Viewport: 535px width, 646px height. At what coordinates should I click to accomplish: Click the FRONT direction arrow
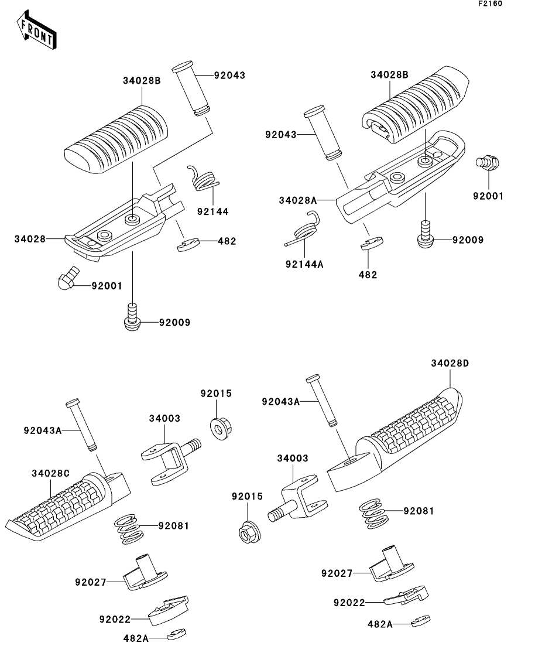tap(36, 32)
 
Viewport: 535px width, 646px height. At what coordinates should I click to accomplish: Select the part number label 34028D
tap(450, 363)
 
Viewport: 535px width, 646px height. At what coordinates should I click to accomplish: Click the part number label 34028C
tap(51, 473)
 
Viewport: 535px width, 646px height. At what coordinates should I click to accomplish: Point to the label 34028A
tap(297, 200)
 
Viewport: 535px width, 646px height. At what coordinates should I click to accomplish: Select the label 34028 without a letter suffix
tap(30, 239)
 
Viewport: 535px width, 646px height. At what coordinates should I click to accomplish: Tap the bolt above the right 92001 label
tap(488, 162)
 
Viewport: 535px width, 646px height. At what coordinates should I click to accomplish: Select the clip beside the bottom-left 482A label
tap(177, 634)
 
